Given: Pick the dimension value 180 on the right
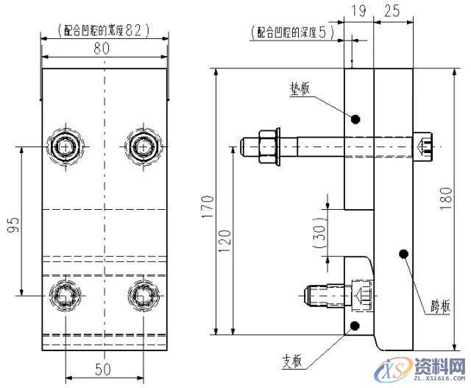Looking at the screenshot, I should (x=442, y=198).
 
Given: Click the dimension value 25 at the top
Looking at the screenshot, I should (x=392, y=11).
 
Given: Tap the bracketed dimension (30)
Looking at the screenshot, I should (x=319, y=236).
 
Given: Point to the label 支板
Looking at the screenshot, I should (x=293, y=361).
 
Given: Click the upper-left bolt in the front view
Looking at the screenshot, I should (x=67, y=147).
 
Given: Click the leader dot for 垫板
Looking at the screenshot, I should (x=356, y=118).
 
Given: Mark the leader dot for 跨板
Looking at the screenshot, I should (x=403, y=254).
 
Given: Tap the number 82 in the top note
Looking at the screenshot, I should (x=136, y=30).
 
